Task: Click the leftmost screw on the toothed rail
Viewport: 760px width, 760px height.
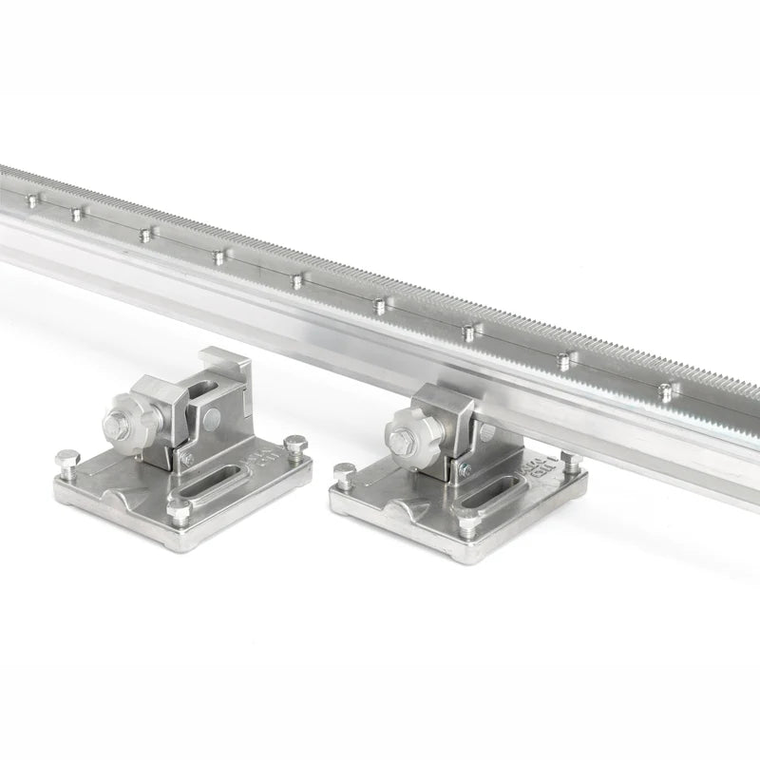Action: (x=32, y=199)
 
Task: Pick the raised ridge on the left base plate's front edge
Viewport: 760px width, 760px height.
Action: (x=129, y=497)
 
